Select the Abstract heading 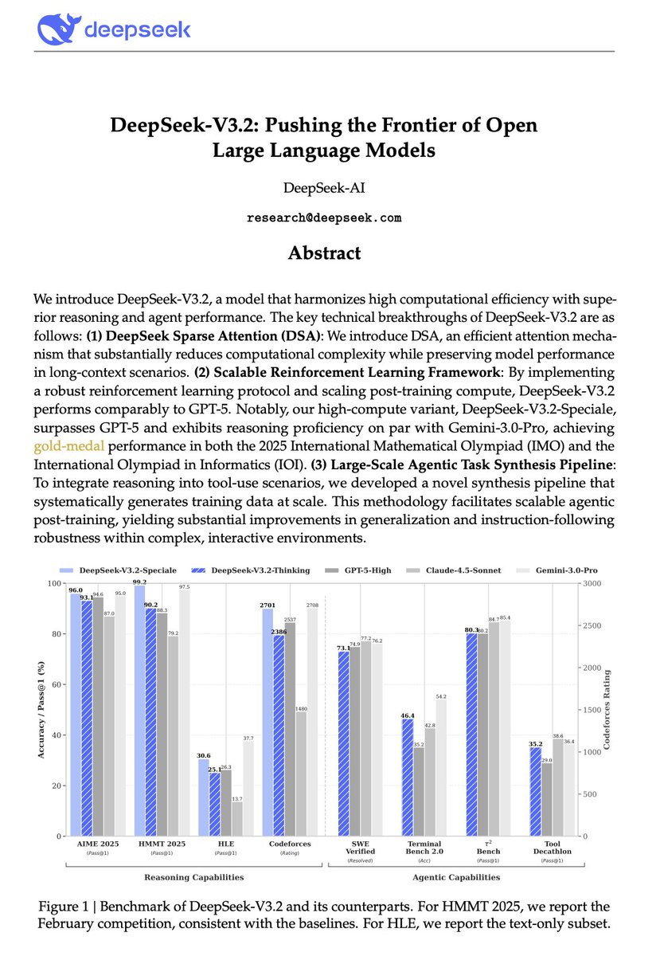324,253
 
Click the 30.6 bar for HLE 204,797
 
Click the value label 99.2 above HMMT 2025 139,583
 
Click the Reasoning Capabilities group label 193,877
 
